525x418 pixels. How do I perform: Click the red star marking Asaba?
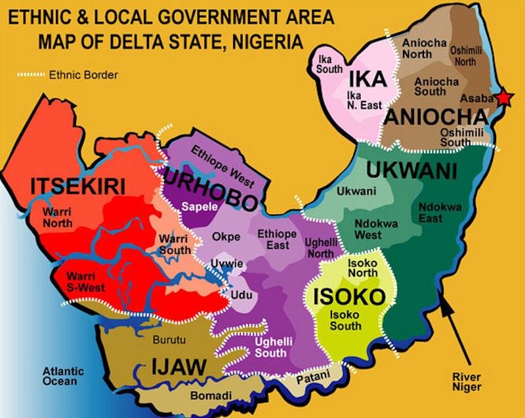(503, 98)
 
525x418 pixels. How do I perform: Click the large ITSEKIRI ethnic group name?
(78, 187)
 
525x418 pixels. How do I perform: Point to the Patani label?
(310, 378)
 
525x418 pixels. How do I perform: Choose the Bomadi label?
(207, 396)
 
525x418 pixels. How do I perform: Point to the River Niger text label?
(471, 382)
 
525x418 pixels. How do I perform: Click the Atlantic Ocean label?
(60, 375)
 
